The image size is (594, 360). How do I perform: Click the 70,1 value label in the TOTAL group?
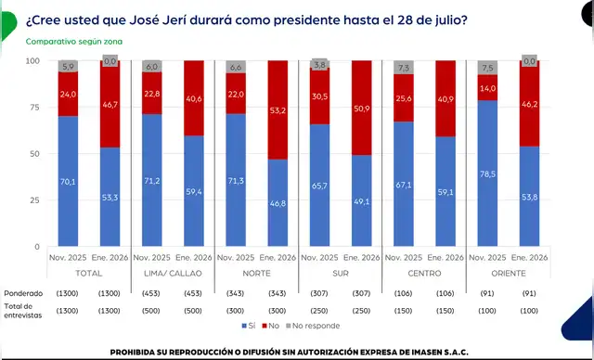click(x=69, y=183)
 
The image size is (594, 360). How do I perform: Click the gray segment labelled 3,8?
click(x=320, y=65)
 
